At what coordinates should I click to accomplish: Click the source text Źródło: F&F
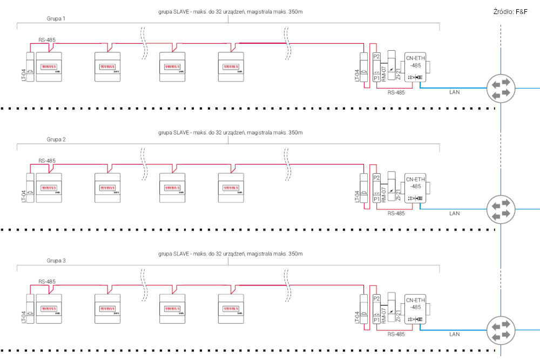[510, 11]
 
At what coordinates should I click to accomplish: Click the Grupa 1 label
[56, 18]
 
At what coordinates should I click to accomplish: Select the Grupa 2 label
[56, 139]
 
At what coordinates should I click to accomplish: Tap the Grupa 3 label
[56, 261]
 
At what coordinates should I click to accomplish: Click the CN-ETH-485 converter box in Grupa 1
[416, 69]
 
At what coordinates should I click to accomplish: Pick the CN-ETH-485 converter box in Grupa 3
[416, 311]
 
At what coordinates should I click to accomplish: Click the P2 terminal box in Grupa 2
[377, 178]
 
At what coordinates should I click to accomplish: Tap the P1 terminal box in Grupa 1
[377, 78]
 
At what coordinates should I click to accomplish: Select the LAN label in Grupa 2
[455, 213]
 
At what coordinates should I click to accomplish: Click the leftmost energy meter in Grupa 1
[49, 67]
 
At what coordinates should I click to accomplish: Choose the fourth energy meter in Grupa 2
[231, 188]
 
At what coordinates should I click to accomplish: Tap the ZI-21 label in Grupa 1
[398, 74]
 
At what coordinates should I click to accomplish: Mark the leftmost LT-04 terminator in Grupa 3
[30, 309]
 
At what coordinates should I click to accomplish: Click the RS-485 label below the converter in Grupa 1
[396, 92]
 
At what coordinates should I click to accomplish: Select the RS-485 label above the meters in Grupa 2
[47, 161]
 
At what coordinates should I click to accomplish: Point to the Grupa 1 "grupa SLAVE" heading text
[231, 11]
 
